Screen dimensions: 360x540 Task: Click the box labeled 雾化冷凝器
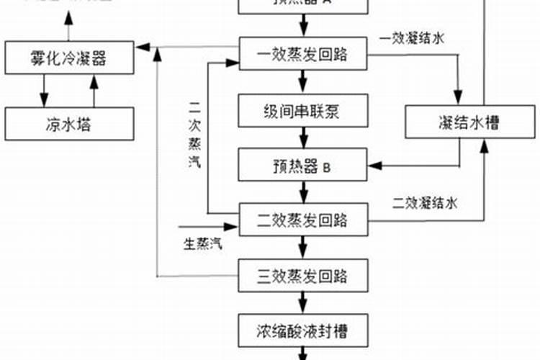[70, 58]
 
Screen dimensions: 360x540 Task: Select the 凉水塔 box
[70, 124]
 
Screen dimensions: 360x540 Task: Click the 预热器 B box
[304, 168]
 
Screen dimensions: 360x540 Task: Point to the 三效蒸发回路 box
[304, 276]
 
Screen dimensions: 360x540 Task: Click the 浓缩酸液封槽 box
[304, 331]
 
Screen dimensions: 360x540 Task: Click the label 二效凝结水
[425, 203]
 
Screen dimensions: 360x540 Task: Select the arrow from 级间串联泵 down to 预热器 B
[303, 141]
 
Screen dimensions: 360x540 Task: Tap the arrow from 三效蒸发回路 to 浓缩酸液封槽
[303, 303]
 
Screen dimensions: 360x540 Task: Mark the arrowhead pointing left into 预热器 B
[374, 167]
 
